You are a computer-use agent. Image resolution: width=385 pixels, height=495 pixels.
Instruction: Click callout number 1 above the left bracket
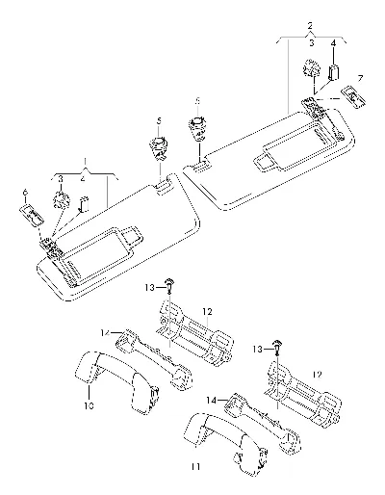[x=85, y=160]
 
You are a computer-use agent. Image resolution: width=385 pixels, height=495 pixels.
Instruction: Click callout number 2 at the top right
[x=310, y=25]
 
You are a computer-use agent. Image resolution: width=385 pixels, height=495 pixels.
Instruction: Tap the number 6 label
[x=25, y=192]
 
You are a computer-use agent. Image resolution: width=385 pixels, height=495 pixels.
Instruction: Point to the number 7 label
[x=360, y=78]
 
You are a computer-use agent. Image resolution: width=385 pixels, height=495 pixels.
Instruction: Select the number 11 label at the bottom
[x=195, y=466]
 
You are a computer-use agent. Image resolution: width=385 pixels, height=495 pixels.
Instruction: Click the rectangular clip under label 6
[x=32, y=216]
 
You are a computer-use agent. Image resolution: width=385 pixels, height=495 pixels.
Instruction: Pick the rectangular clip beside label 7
[x=353, y=96]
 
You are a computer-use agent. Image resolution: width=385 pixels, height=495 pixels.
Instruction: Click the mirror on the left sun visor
[x=96, y=247]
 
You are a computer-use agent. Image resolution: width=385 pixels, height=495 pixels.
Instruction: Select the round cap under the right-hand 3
[x=312, y=68]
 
